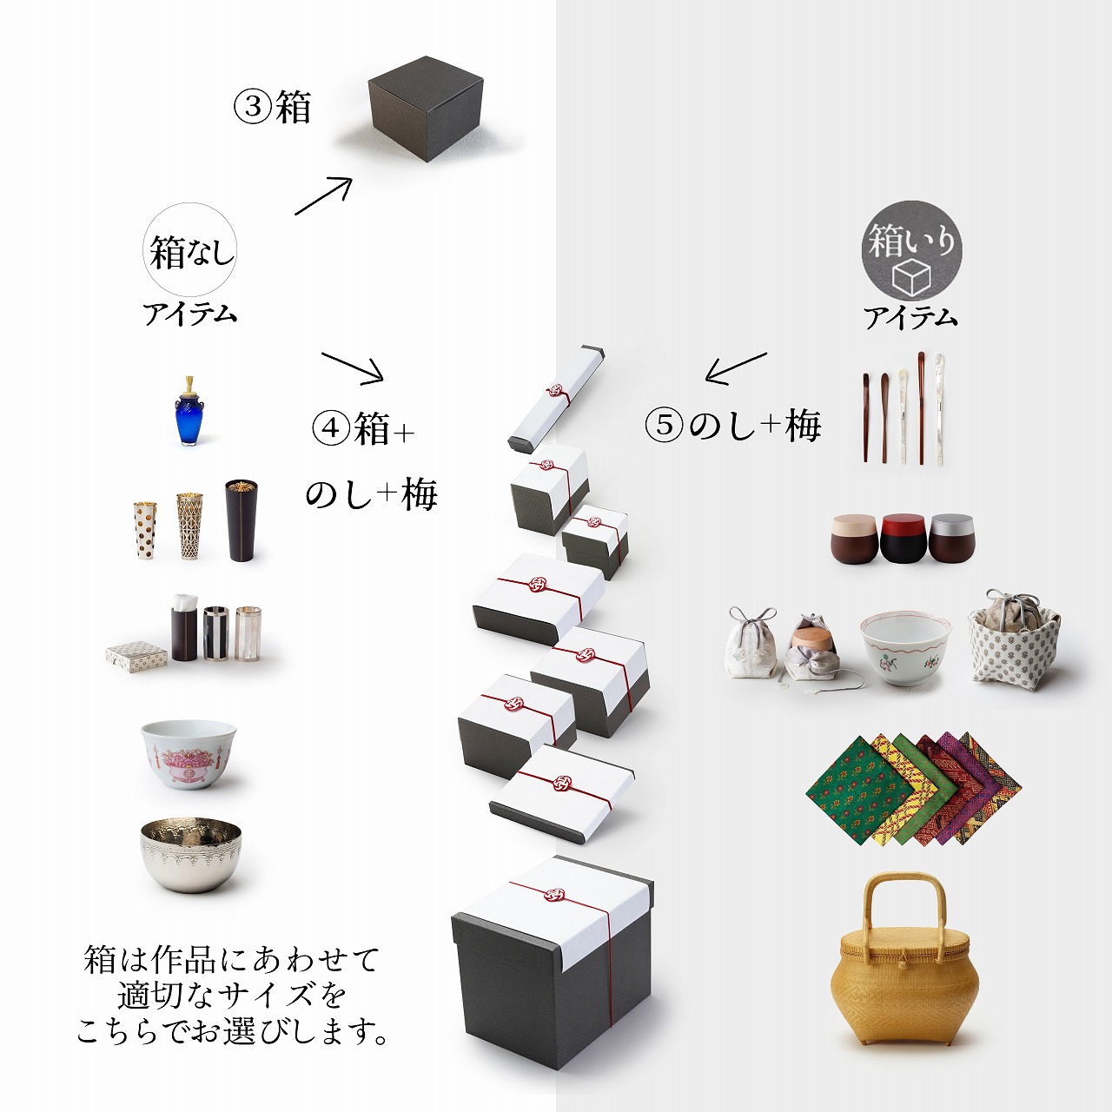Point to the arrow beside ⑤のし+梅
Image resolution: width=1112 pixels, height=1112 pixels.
point(735,368)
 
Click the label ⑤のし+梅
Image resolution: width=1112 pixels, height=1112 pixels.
point(733,426)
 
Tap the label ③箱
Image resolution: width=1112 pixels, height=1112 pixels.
point(272,108)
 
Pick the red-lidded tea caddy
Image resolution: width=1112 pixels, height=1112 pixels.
point(903,538)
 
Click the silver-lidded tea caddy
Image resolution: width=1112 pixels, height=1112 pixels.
point(951,538)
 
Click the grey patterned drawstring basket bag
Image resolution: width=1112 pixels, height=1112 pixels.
point(1013,639)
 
